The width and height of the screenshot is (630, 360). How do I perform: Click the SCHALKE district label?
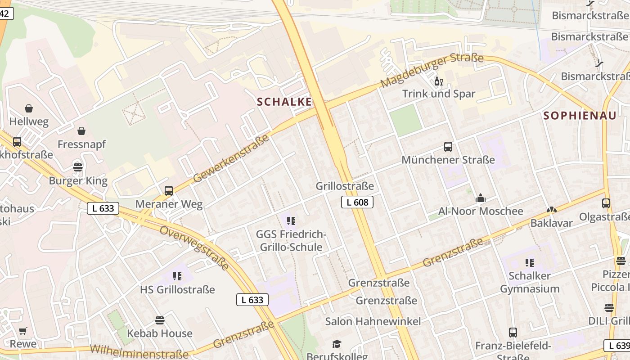click(x=284, y=102)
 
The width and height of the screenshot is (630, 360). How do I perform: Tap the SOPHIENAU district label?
click(x=580, y=116)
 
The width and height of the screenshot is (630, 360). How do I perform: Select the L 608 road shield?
click(x=357, y=202)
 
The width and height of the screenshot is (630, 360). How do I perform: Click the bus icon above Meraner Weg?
click(x=169, y=191)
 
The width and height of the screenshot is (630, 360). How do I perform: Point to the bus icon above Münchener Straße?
click(x=448, y=147)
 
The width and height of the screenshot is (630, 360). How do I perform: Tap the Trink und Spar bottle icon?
click(x=438, y=81)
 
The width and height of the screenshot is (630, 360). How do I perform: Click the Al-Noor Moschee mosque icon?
click(x=481, y=198)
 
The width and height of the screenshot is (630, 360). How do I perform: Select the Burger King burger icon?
click(x=78, y=168)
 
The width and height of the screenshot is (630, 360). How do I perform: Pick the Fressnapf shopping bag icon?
click(x=81, y=131)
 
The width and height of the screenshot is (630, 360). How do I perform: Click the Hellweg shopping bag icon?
click(x=29, y=108)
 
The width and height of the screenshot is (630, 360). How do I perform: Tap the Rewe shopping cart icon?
click(x=23, y=331)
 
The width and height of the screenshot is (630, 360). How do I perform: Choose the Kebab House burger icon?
click(x=159, y=320)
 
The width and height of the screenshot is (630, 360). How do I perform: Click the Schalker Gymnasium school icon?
click(x=530, y=262)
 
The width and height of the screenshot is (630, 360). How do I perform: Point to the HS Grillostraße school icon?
click(x=177, y=276)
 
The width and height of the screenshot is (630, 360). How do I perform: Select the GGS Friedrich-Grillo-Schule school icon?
click(x=291, y=220)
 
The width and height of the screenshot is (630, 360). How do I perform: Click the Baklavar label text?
click(x=551, y=223)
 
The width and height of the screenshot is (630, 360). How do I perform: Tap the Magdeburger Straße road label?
click(x=432, y=70)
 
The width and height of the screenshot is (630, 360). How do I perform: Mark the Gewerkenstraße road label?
click(x=231, y=158)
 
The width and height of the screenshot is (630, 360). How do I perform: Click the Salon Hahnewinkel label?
click(x=373, y=321)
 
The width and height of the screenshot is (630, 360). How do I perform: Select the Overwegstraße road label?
click(x=194, y=247)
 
